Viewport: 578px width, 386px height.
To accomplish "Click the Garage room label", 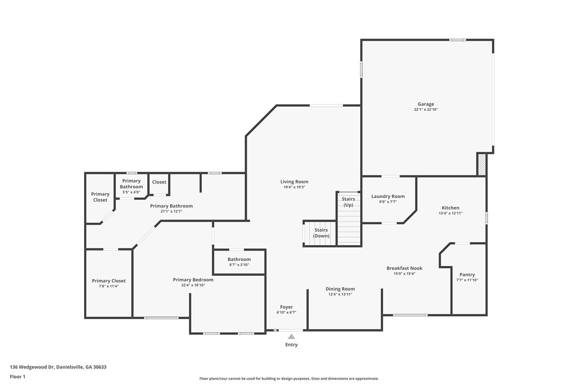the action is [426, 104].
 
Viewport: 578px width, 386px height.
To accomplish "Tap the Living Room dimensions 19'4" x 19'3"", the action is [294, 187].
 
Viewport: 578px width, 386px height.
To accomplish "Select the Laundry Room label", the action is [388, 197].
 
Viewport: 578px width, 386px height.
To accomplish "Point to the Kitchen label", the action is [450, 208].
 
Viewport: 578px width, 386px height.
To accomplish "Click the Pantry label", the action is [467, 275].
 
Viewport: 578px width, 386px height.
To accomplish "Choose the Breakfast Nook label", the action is [404, 268].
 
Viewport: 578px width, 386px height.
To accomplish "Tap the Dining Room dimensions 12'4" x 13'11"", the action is [340, 294].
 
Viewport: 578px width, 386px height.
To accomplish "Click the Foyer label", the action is [286, 307].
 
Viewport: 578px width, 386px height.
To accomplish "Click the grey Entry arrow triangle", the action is [291, 336].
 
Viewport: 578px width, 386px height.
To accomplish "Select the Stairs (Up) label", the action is [349, 202].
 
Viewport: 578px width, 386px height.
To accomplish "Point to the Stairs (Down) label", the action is [321, 232].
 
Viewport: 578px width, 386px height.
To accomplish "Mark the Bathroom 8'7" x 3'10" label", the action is [239, 262].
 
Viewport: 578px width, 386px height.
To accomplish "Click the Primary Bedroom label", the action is [193, 279].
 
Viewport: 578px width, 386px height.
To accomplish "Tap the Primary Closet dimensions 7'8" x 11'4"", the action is [109, 286].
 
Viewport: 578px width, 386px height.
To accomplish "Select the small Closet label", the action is [159, 182].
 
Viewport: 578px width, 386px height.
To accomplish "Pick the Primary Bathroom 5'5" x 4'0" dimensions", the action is [131, 192].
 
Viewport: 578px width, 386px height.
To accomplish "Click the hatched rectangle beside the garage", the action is [482, 165].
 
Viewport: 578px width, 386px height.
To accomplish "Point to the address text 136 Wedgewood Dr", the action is [32, 367].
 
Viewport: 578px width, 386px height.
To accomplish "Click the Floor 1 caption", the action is [18, 377].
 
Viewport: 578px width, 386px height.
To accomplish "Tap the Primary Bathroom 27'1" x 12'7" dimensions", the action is [171, 211].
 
